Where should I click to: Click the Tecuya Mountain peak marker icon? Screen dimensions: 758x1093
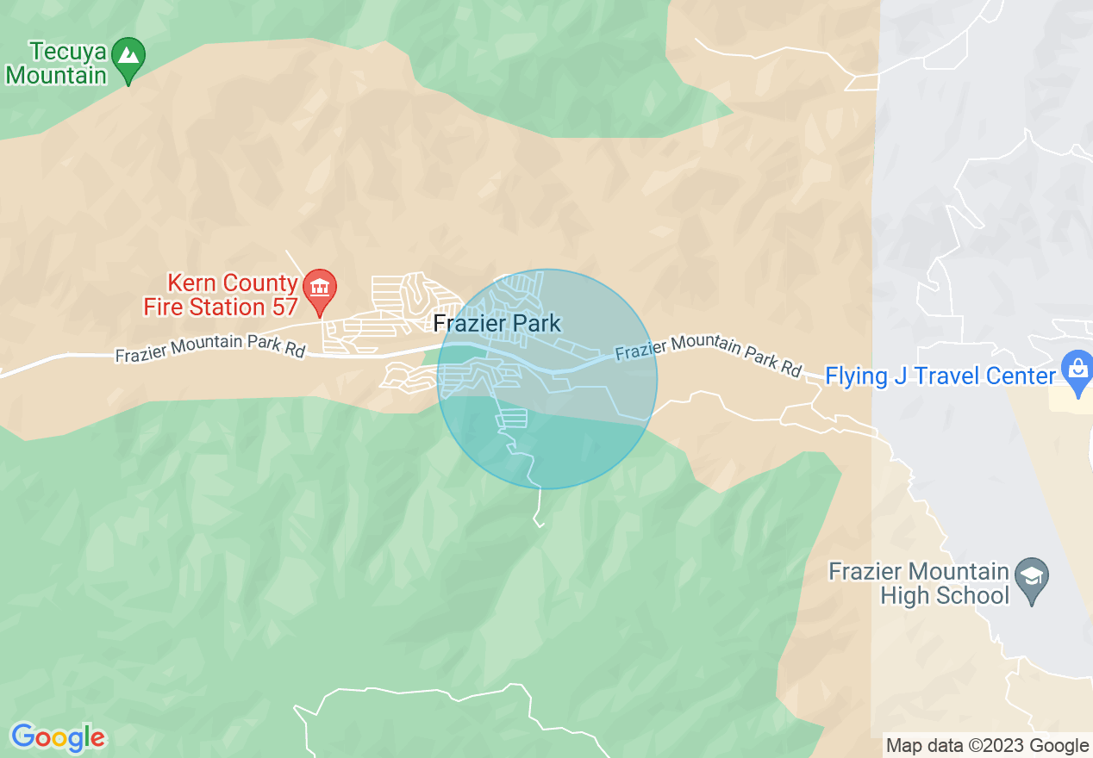(128, 58)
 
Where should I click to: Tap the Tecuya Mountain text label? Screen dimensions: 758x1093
(56, 63)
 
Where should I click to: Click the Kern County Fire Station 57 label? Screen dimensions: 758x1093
(220, 295)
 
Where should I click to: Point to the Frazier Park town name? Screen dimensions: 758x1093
(497, 324)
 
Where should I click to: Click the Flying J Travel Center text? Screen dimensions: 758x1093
(940, 376)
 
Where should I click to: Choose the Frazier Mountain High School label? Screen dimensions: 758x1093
(918, 583)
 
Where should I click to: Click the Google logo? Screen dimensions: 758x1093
(58, 737)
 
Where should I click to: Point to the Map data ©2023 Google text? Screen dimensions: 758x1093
(988, 746)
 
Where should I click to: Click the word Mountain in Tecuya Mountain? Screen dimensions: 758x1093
(56, 75)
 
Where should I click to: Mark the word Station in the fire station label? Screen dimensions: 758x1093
(227, 307)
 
